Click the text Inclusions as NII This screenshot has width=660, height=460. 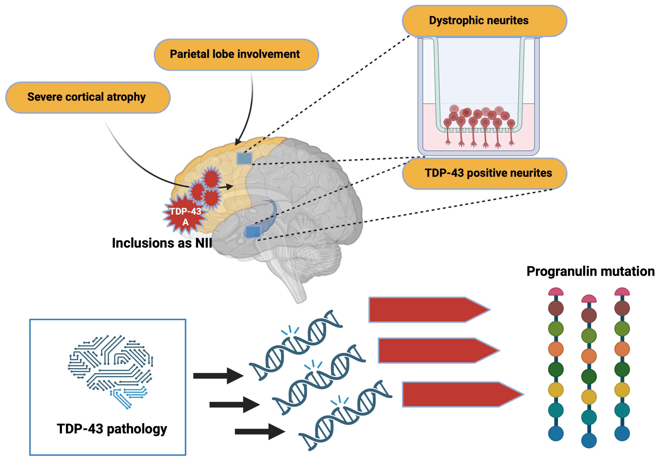pos(162,243)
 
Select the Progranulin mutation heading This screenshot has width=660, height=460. pos(590,272)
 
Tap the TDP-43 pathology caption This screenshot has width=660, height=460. pos(112,429)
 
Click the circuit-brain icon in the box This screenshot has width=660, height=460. pos(111,371)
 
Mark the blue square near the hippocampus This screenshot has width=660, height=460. pos(253,232)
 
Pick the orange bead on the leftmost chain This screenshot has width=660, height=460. pos(556,349)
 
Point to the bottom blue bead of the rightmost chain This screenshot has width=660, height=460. pos(622,433)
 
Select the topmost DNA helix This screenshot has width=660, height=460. pos(296,345)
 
